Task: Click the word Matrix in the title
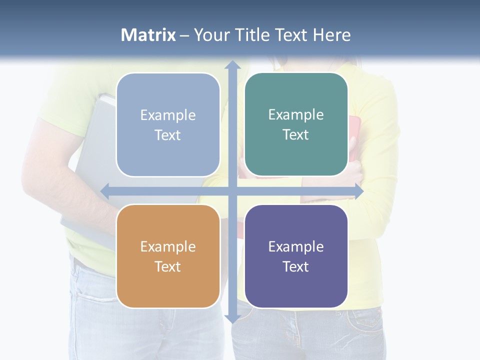click(148, 35)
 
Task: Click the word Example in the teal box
click(296, 115)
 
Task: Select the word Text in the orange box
click(168, 266)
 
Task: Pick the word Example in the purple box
click(296, 246)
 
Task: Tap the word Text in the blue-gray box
click(168, 135)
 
